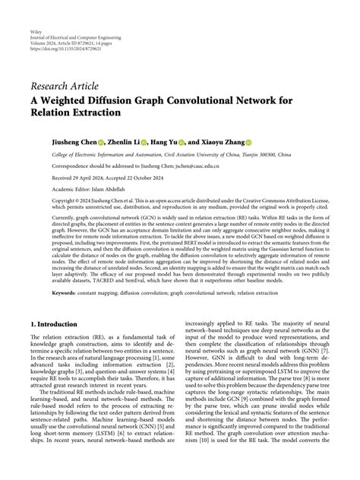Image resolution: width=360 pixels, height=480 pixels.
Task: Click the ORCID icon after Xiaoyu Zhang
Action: tap(248, 142)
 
